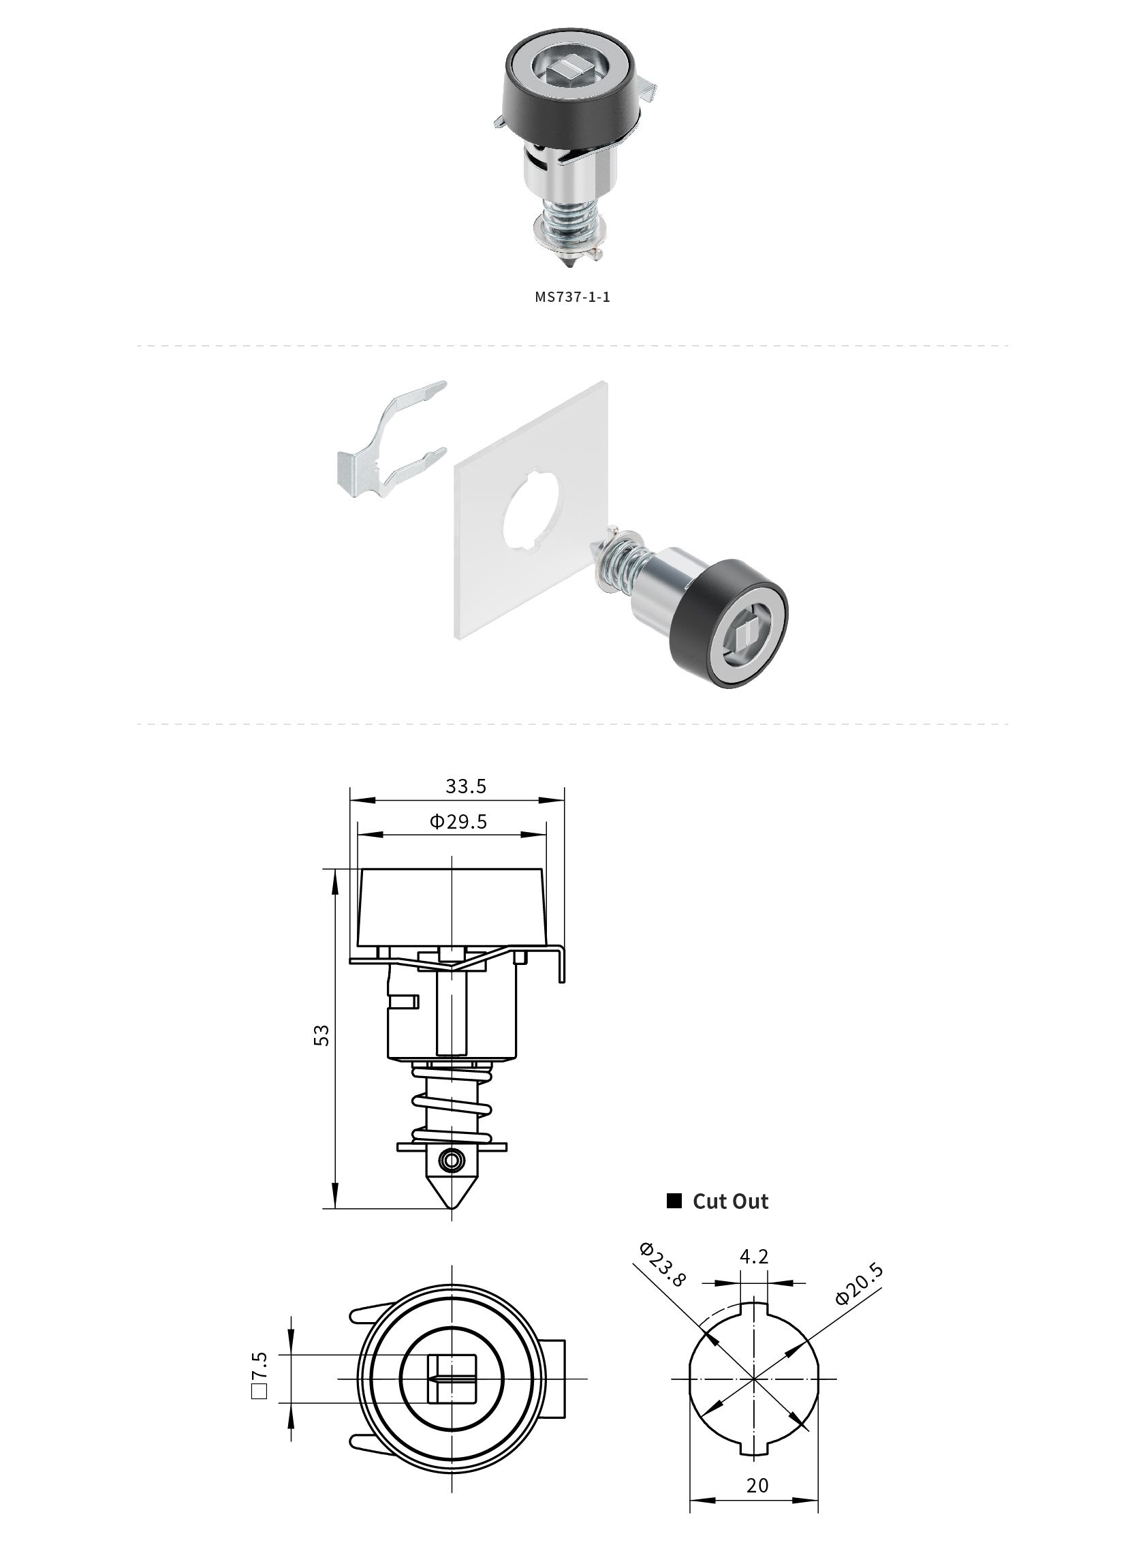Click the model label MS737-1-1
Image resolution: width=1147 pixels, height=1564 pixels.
(572, 296)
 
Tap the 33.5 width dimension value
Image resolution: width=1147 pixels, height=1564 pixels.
(466, 786)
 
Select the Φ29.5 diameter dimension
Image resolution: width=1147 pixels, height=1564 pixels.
(458, 822)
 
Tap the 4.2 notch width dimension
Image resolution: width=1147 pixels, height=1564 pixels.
(754, 1257)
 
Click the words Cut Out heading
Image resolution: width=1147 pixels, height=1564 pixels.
(730, 1201)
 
